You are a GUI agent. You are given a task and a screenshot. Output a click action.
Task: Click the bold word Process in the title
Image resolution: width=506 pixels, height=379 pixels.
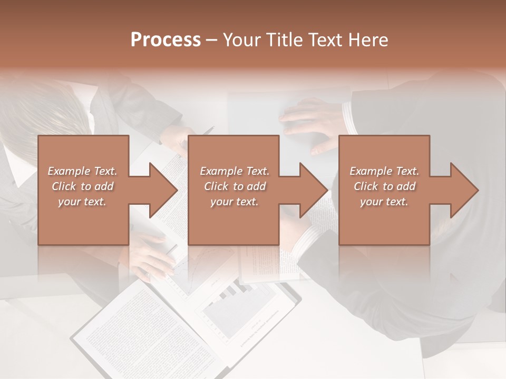[x=166, y=40]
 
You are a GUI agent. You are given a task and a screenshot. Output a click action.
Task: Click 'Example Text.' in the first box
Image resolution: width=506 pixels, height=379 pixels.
[x=82, y=171]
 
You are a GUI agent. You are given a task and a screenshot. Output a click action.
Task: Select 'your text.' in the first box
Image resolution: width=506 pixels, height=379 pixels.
[x=82, y=202]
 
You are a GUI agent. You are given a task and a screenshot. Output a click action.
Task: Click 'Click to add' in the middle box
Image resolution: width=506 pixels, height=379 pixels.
[x=235, y=186]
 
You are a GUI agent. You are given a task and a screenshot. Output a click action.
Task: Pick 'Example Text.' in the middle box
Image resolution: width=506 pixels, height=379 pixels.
[x=235, y=171]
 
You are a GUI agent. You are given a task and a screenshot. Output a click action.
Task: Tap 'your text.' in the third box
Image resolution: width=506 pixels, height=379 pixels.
[x=384, y=202]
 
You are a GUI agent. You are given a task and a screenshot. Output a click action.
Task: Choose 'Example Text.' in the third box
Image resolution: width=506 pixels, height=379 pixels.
[x=384, y=171]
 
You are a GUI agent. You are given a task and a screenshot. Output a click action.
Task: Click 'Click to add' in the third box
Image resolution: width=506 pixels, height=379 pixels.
[x=384, y=186]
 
